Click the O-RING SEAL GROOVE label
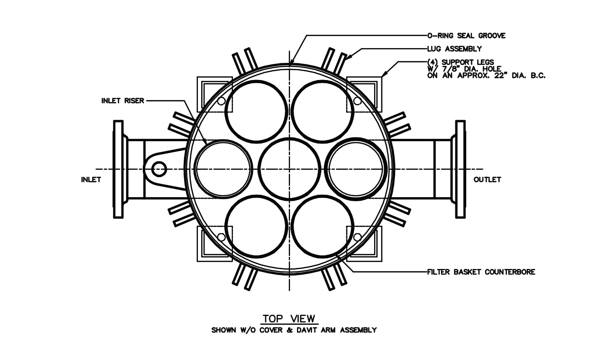coord(466,36)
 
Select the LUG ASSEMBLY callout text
coord(454,49)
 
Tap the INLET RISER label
coord(122,100)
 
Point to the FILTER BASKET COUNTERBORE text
coord(481,272)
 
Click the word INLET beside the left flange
coord(91,180)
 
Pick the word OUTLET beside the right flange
coord(487,180)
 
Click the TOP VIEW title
coord(289,319)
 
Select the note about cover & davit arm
coord(294,330)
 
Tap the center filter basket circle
coord(289,169)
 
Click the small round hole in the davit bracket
coord(159,168)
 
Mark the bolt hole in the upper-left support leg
coord(221,101)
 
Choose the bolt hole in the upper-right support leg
coord(357,101)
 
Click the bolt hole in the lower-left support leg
coord(221,237)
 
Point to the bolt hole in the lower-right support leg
coord(357,237)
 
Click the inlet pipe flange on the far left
coord(118,169)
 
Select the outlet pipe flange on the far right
coord(460,169)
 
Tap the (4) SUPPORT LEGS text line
coord(460,62)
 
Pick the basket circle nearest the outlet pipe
coord(356,169)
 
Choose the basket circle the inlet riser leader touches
coord(223,169)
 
